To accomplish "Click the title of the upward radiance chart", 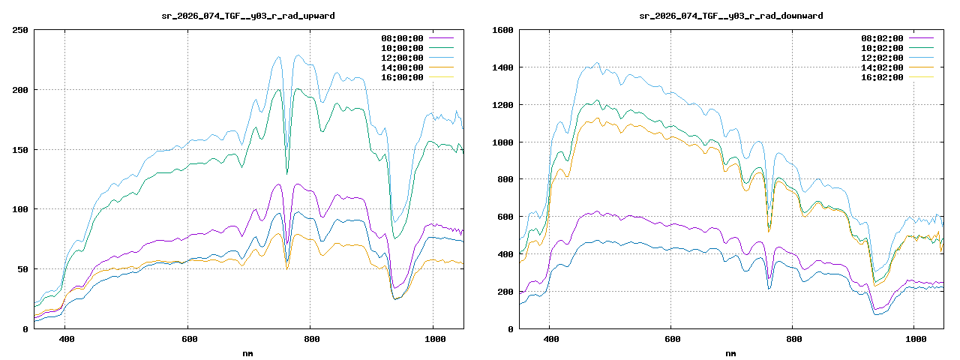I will pos(248,15).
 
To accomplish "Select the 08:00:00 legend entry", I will pos(403,37).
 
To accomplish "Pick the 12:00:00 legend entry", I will pos(403,58).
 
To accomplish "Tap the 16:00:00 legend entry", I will pos(403,77).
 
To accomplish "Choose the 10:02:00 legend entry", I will pos(882,48).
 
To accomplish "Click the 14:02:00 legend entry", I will pos(882,67).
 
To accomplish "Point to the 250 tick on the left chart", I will pos(20,30).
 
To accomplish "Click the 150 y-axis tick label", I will pos(20,149).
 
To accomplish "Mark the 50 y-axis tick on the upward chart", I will pos(22,268).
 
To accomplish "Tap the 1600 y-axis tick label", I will pos(502,30).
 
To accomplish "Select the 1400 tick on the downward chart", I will pos(502,67).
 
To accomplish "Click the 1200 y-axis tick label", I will pos(502,105).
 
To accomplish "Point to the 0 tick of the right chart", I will pos(510,328).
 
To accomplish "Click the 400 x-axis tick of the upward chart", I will pos(65,340).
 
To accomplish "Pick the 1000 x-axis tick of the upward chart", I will pos(433,340).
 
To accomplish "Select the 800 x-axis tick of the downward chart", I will pos(793,340).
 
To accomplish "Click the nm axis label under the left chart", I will pos(248,352).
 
